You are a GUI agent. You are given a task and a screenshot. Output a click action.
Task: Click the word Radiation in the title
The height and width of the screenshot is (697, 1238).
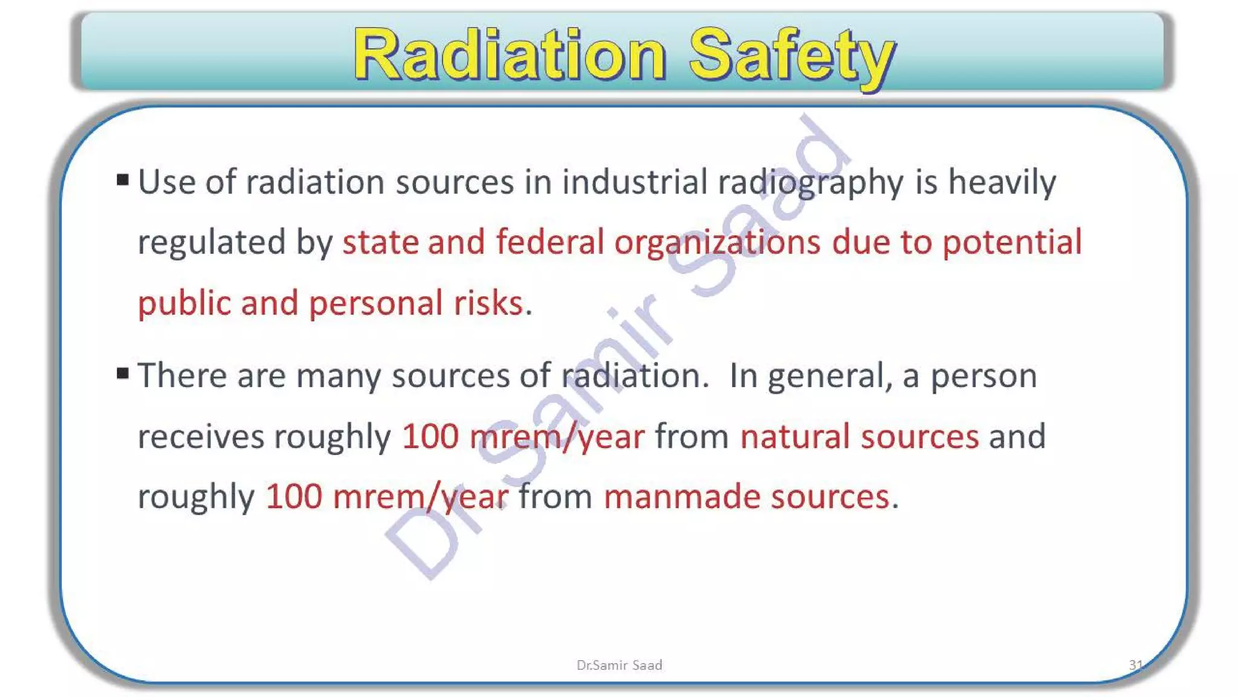[x=510, y=55]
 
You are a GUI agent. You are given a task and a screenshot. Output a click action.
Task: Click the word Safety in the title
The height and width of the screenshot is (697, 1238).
[x=792, y=55]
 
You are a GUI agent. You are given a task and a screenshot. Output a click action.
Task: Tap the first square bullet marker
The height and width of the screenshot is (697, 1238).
[x=123, y=180]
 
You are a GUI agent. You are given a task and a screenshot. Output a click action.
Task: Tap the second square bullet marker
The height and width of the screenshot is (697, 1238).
[x=123, y=373]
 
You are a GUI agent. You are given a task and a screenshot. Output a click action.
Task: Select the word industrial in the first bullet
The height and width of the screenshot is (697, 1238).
[x=635, y=182]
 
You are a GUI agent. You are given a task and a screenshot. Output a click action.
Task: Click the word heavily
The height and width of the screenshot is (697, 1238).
[x=1002, y=182]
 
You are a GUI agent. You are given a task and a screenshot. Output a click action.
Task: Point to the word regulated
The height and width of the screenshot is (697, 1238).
[x=212, y=243]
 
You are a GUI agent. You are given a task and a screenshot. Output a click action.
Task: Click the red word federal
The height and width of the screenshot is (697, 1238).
[x=549, y=242]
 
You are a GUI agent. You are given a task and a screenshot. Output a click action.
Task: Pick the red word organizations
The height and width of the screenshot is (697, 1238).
[x=717, y=243]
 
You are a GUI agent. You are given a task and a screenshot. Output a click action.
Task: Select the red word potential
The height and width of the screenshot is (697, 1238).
[x=1012, y=242]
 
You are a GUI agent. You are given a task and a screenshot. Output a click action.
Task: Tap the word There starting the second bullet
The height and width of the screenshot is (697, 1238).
[x=182, y=375]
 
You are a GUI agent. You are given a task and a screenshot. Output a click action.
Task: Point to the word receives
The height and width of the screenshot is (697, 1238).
[x=201, y=436]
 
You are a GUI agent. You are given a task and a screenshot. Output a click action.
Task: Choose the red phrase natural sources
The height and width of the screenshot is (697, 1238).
[x=859, y=436]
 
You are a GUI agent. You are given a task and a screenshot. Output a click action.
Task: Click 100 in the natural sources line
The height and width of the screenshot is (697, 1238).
[x=430, y=436]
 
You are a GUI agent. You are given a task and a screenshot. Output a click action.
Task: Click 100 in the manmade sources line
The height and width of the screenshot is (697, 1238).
[x=294, y=497]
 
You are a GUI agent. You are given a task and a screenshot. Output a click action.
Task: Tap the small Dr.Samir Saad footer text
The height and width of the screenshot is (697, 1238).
[x=619, y=665]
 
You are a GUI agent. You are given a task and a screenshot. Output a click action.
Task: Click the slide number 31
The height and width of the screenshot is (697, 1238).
[x=1135, y=665]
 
